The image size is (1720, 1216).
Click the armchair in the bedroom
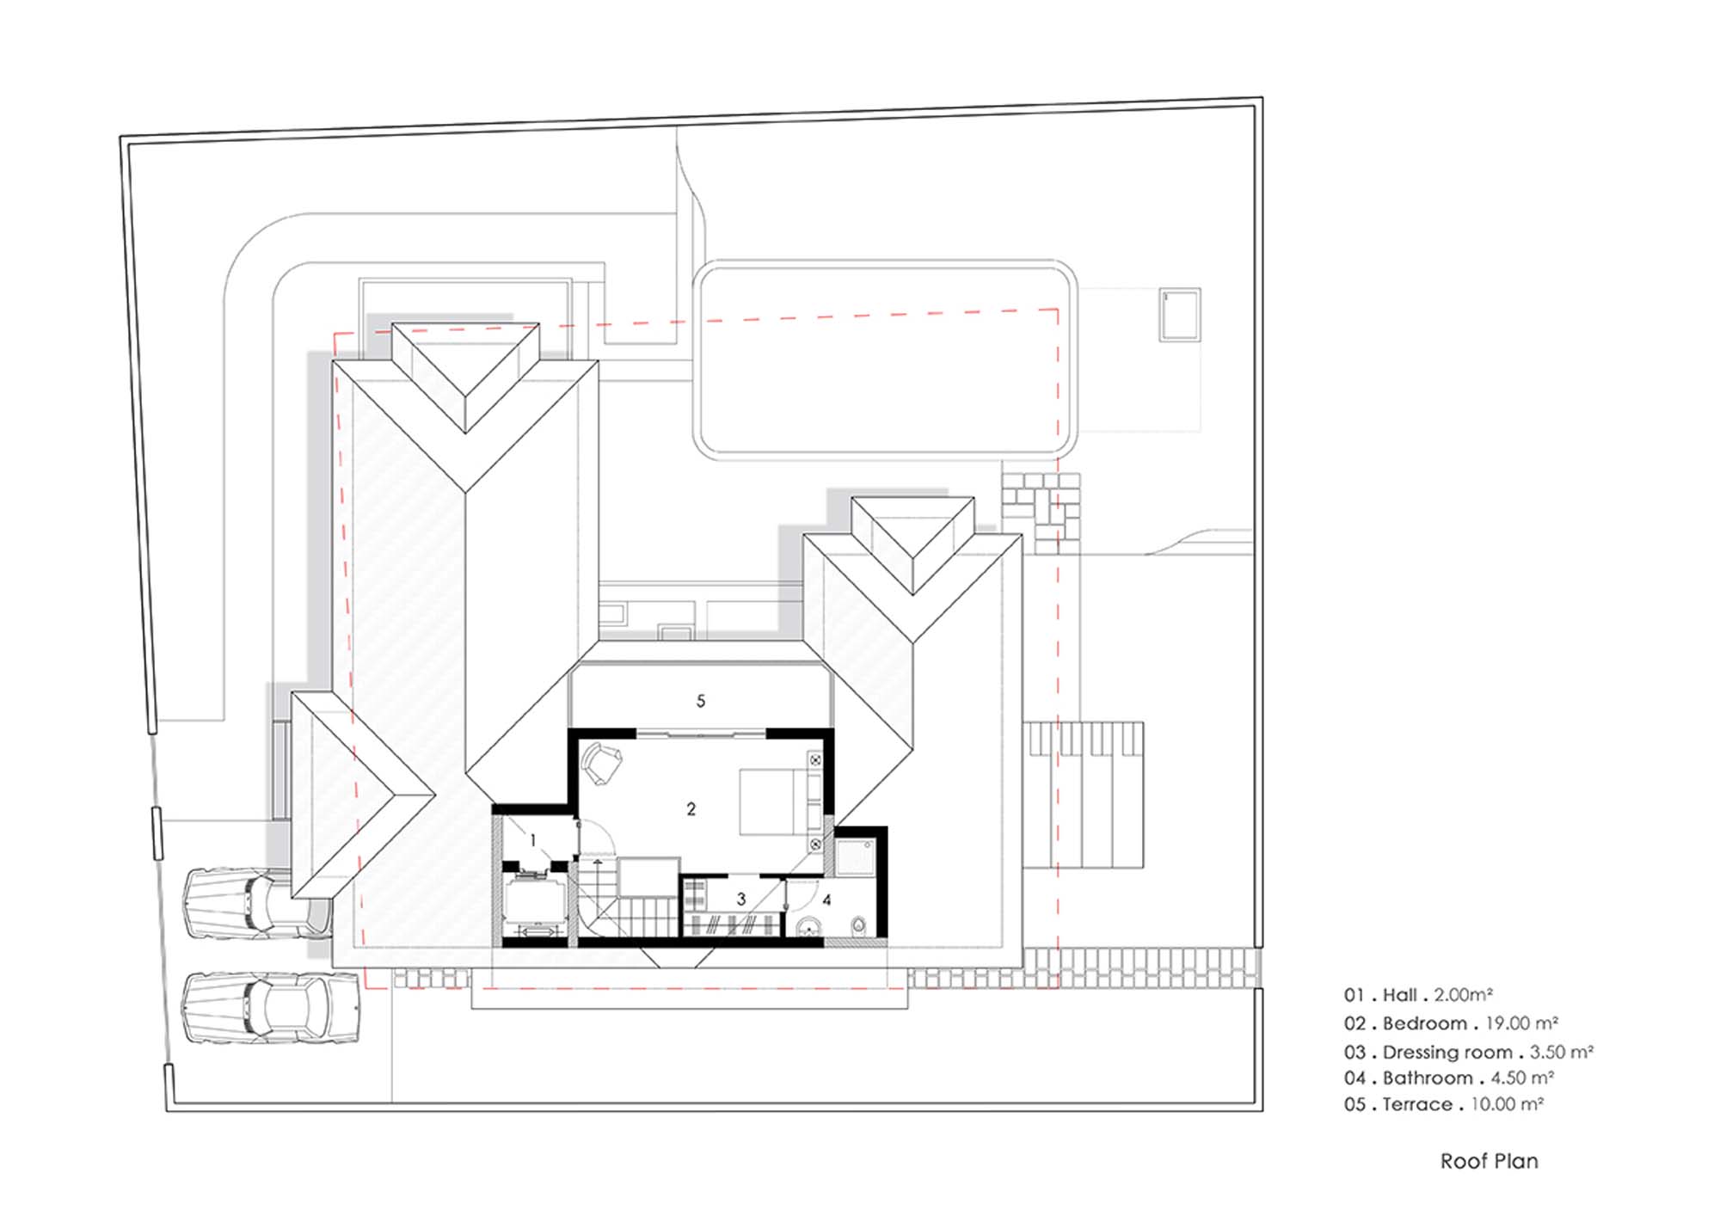pyautogui.click(x=601, y=764)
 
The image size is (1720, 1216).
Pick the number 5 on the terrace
pyautogui.click(x=701, y=702)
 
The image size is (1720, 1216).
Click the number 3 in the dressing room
pyautogui.click(x=741, y=900)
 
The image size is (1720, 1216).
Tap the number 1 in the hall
pyautogui.click(x=533, y=840)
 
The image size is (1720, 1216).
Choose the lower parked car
pyautogui.click(x=270, y=1008)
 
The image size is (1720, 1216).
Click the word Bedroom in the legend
pyautogui.click(x=1425, y=1023)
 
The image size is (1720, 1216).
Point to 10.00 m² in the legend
pyautogui.click(x=1508, y=1104)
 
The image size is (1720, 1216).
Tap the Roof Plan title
pyautogui.click(x=1490, y=1161)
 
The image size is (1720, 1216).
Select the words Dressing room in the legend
pyautogui.click(x=1447, y=1052)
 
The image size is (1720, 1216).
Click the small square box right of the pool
pyautogui.click(x=1179, y=315)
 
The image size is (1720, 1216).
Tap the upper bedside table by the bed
pyautogui.click(x=814, y=760)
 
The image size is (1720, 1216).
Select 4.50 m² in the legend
pyautogui.click(x=1522, y=1078)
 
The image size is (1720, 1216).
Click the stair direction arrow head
pyautogui.click(x=598, y=860)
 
